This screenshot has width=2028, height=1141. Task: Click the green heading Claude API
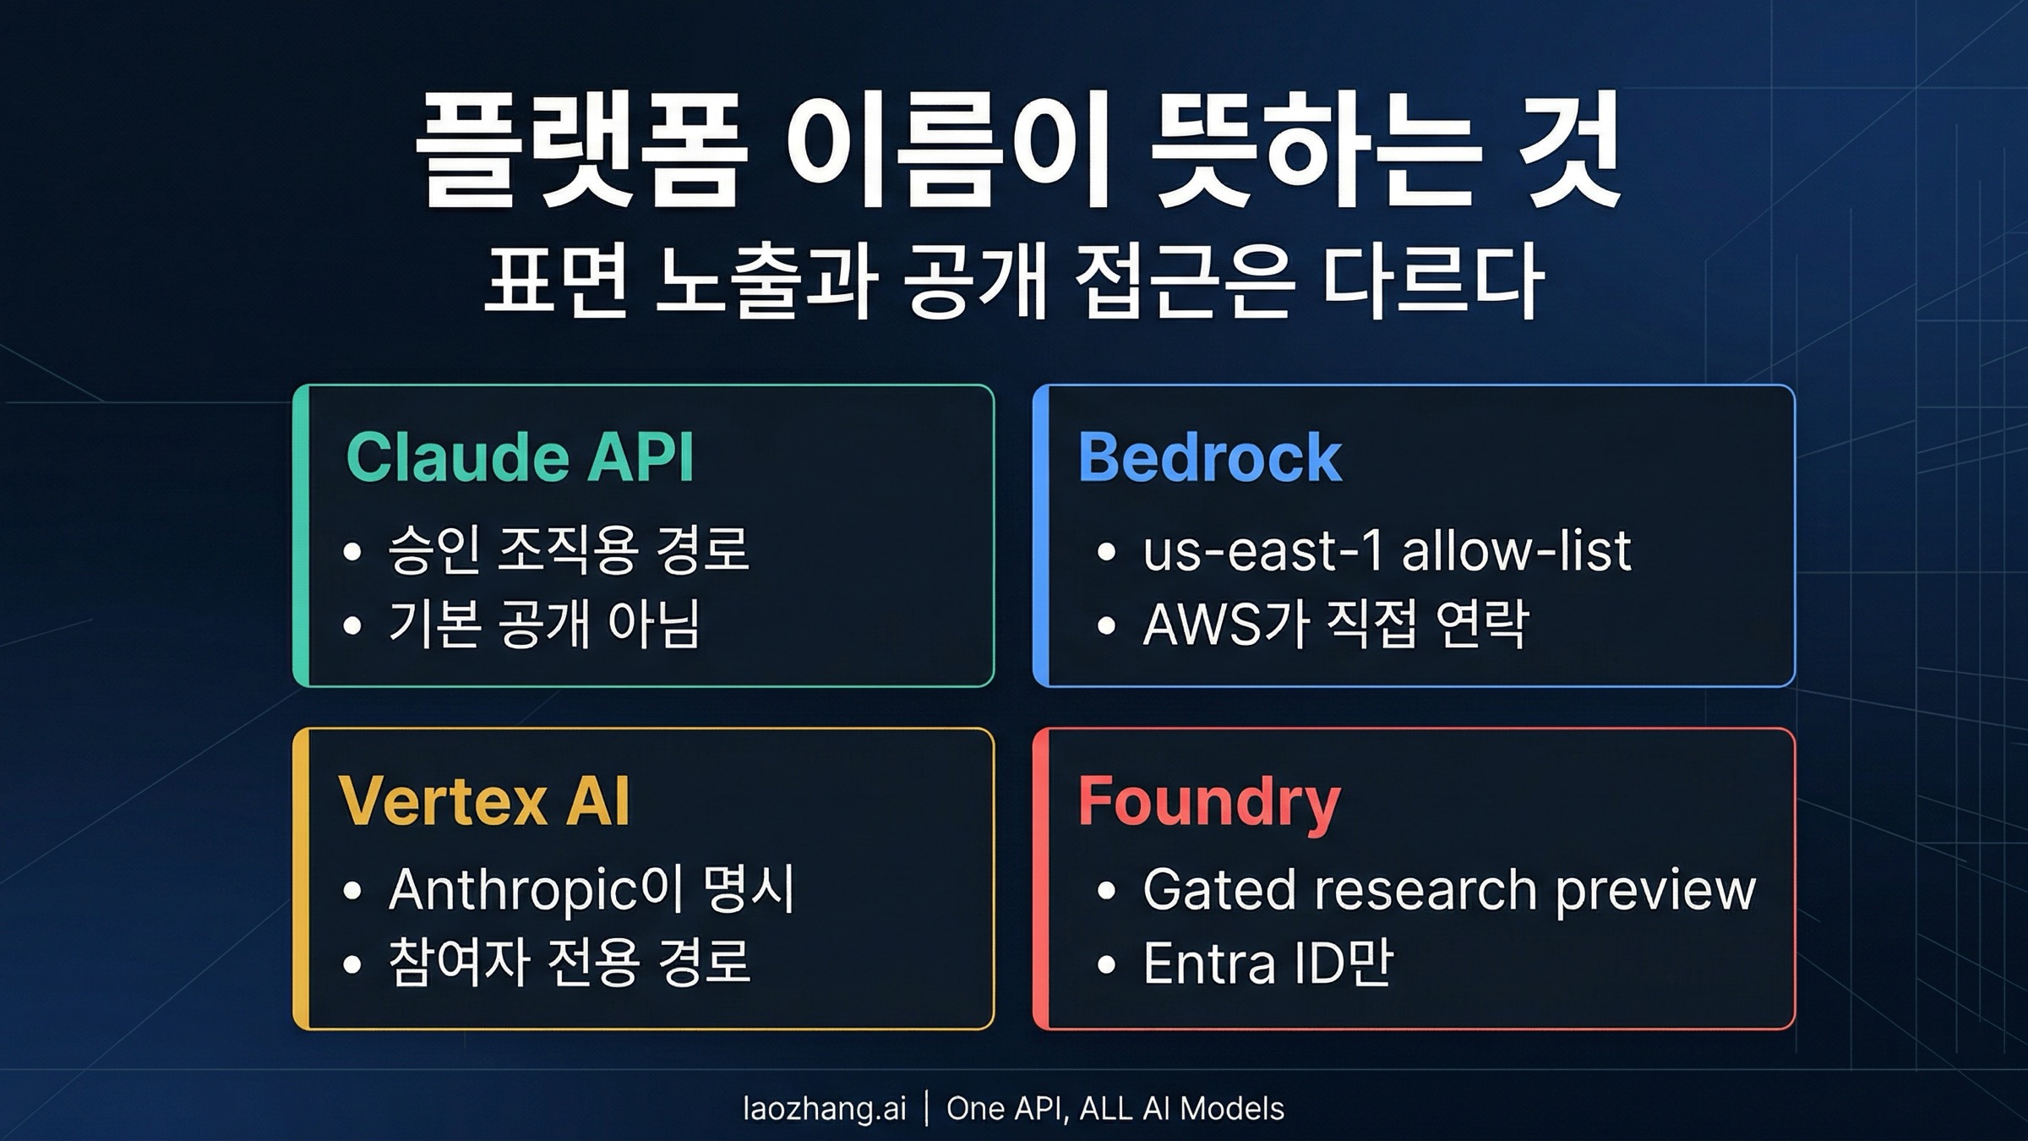coord(520,456)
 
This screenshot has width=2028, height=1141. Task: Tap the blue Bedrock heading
coord(1209,456)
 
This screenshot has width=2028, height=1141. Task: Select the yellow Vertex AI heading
coord(484,800)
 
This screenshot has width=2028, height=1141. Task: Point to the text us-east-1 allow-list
coord(1387,550)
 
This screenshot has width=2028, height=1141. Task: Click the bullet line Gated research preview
coord(1449,890)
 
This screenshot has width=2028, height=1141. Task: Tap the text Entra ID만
coord(1267,963)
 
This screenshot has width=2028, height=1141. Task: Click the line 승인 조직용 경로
coord(569,549)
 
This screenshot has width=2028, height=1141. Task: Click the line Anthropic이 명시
coord(591,888)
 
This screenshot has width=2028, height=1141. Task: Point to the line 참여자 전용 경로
coord(569,963)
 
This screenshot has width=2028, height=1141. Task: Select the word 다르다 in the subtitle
coord(1433,281)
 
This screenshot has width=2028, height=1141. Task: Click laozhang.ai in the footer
coord(824,1108)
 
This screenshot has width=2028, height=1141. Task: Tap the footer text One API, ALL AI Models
coord(1115,1108)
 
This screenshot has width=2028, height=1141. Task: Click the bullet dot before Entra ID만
coord(1106,964)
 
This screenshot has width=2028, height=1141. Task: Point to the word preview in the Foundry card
coord(1655,892)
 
